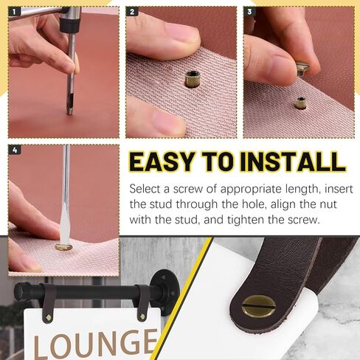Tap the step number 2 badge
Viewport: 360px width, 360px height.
click(x=132, y=13)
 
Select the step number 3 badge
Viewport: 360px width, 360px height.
click(x=249, y=13)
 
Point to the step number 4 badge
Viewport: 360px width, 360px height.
click(x=14, y=150)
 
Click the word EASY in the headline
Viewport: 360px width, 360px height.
click(x=168, y=162)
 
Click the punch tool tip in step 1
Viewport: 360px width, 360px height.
click(x=69, y=109)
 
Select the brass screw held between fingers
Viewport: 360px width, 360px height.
click(x=304, y=70)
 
